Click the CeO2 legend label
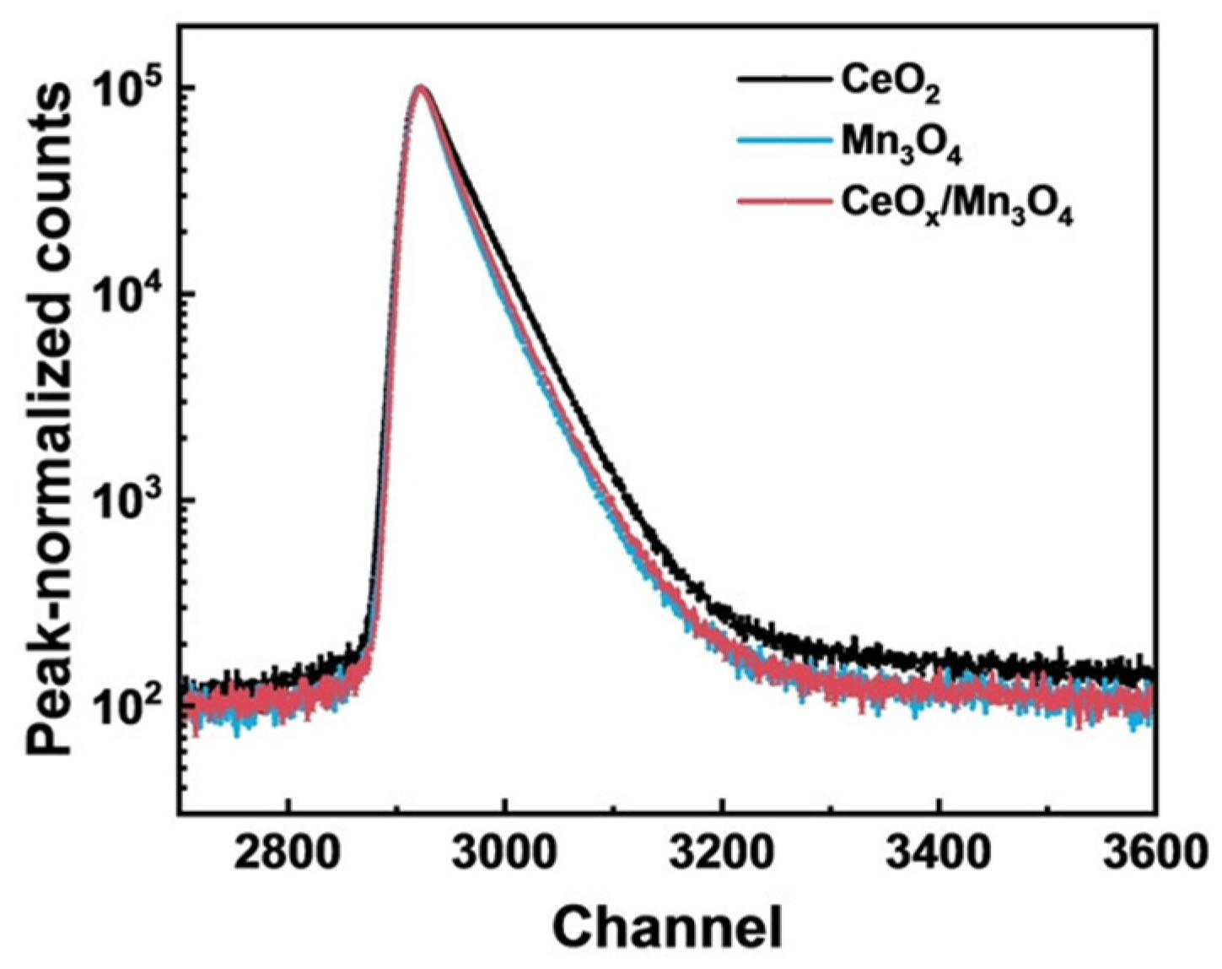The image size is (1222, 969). [891, 84]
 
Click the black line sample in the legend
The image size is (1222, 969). [780, 80]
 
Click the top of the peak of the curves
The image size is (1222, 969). [421, 87]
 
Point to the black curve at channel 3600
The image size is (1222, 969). [1152, 674]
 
